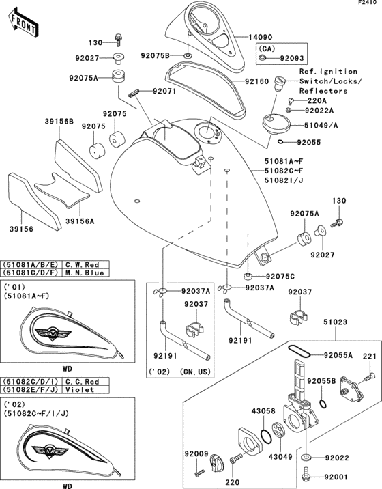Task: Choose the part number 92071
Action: coord(164,90)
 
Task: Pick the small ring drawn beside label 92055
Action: coord(281,142)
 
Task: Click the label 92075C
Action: coord(280,276)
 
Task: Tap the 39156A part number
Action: coord(78,221)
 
